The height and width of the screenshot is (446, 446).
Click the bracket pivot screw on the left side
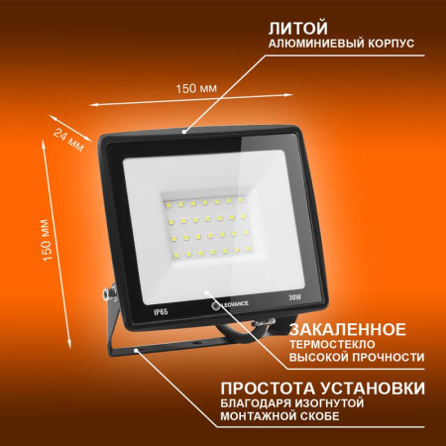point(106,293)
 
